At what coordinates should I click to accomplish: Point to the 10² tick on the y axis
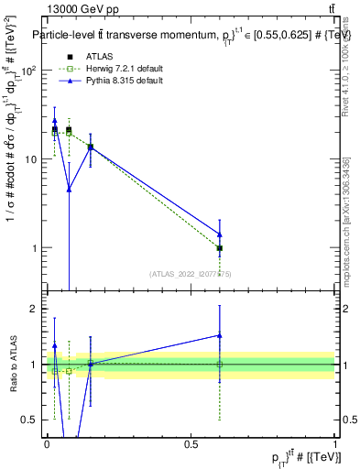(29, 71)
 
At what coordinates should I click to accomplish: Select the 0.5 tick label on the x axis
(191, 443)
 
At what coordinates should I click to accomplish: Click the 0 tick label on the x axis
(47, 443)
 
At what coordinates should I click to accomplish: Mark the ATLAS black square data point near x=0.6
(220, 248)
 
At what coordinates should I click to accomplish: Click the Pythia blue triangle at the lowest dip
(69, 189)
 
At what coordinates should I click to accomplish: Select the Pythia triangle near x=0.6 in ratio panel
(220, 335)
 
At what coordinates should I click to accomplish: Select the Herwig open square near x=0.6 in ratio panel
(220, 365)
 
